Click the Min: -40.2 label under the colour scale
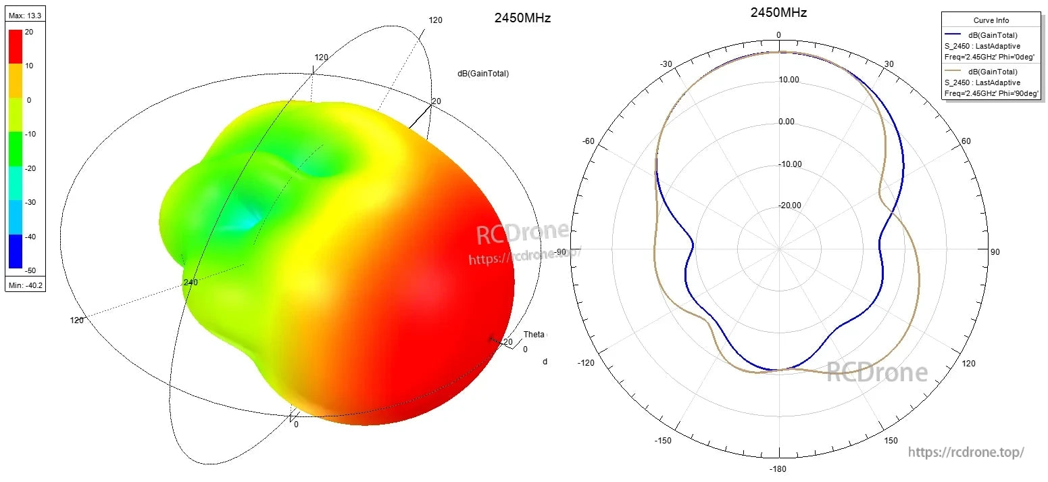25,286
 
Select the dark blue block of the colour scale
15,251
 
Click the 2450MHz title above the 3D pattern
522,18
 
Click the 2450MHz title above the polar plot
778,12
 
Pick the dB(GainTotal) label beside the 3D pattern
483,74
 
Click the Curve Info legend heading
991,21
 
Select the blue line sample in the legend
953,33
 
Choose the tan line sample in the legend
953,70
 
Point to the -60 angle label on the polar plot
588,141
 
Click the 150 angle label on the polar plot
891,440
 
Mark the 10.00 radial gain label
789,80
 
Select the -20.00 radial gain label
789,206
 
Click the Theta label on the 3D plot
534,335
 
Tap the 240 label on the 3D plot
191,283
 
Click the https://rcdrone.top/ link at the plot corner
966,452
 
